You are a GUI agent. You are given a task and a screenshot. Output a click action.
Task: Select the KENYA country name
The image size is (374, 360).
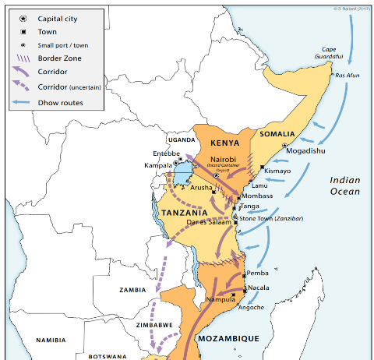coord(224,143)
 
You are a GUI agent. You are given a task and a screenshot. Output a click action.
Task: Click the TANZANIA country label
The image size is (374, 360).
coord(185,212)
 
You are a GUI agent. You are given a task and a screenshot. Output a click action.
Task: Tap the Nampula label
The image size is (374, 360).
coord(219,299)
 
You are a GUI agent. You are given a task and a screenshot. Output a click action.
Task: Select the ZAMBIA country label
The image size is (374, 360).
coord(132,289)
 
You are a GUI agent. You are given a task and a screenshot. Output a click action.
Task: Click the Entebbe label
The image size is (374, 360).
coord(166,154)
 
